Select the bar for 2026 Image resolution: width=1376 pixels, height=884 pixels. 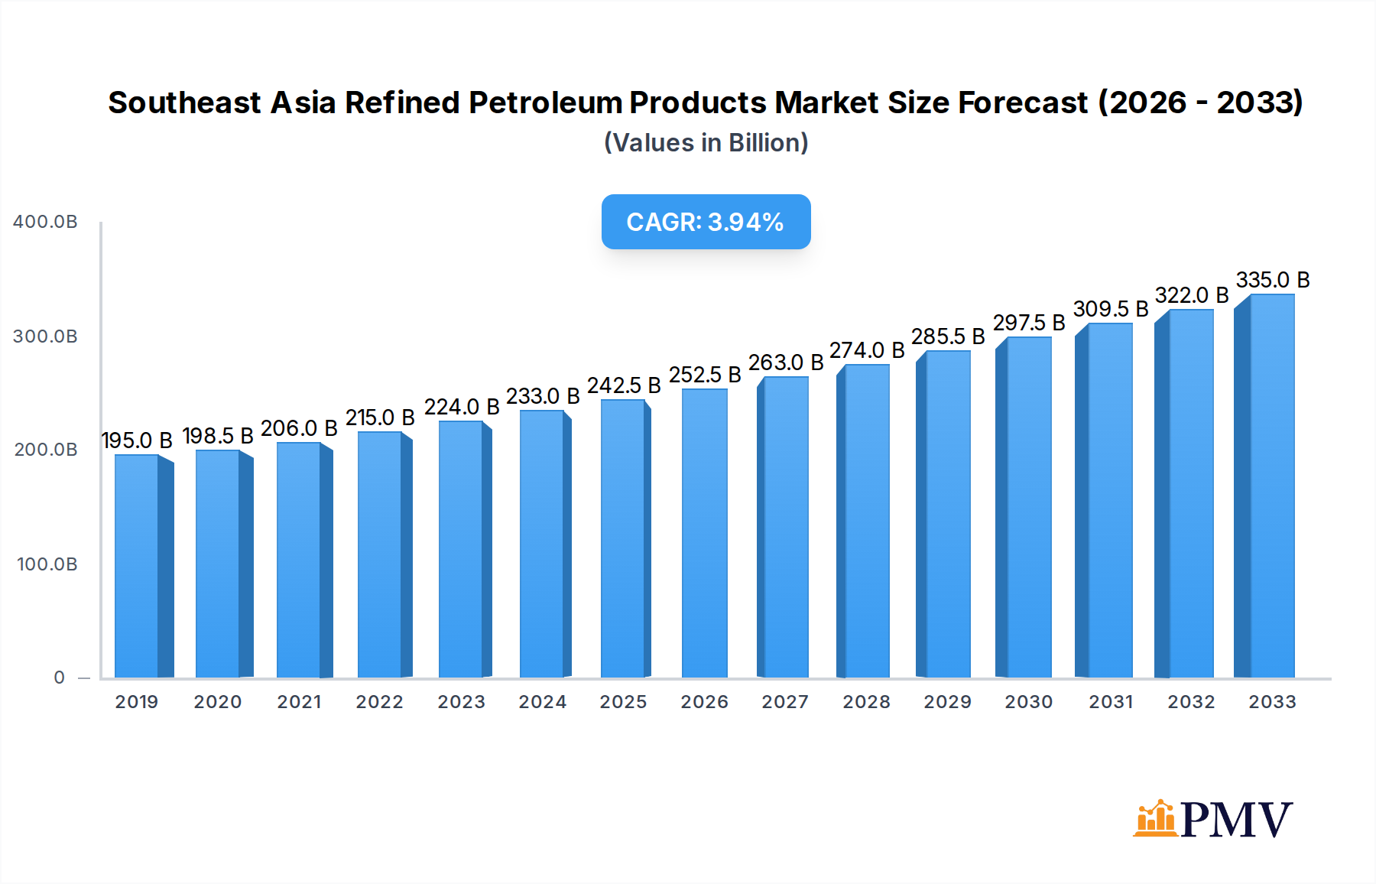(x=704, y=535)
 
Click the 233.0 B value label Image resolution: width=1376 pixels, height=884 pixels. (x=543, y=396)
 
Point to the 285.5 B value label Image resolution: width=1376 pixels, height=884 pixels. (x=948, y=336)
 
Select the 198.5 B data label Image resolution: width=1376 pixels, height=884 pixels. (x=218, y=436)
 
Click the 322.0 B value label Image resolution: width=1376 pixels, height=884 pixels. (x=1191, y=295)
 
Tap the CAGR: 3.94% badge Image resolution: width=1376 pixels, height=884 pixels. (x=706, y=222)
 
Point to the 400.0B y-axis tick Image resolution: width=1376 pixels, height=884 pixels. (x=45, y=222)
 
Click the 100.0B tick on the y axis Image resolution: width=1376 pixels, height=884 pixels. (x=47, y=564)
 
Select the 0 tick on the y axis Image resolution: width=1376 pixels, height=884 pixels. (x=59, y=678)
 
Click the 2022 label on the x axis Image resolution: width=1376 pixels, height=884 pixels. (x=379, y=702)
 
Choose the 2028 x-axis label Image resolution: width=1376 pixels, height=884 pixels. (x=866, y=702)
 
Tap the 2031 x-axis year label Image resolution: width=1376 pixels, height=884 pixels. (x=1111, y=702)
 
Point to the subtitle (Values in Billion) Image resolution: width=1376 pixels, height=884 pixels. (x=706, y=143)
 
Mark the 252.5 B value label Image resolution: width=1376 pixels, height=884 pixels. (x=705, y=375)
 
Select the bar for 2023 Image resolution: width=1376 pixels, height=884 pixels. (x=461, y=551)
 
